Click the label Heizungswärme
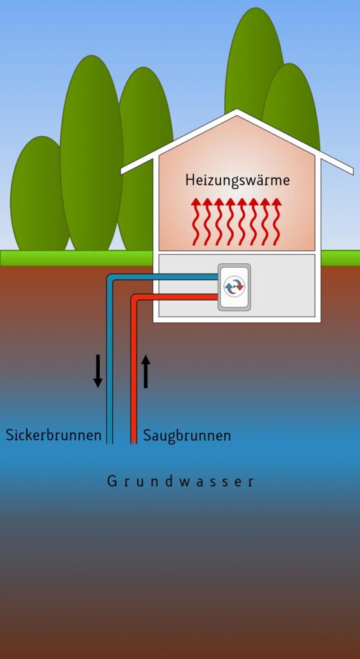[238, 180]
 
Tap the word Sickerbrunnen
[53, 434]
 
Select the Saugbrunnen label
[187, 436]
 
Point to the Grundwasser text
[180, 480]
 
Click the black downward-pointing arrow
[98, 371]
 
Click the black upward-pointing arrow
[146, 371]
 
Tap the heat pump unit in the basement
[234, 288]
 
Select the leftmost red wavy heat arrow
[196, 222]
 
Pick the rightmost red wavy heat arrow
[276, 222]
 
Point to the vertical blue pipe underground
[109, 362]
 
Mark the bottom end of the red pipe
[134, 443]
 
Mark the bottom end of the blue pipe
[109, 443]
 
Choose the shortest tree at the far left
[39, 193]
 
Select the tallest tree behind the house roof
[254, 63]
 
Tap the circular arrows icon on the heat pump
[234, 287]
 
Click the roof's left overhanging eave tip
[122, 171]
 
